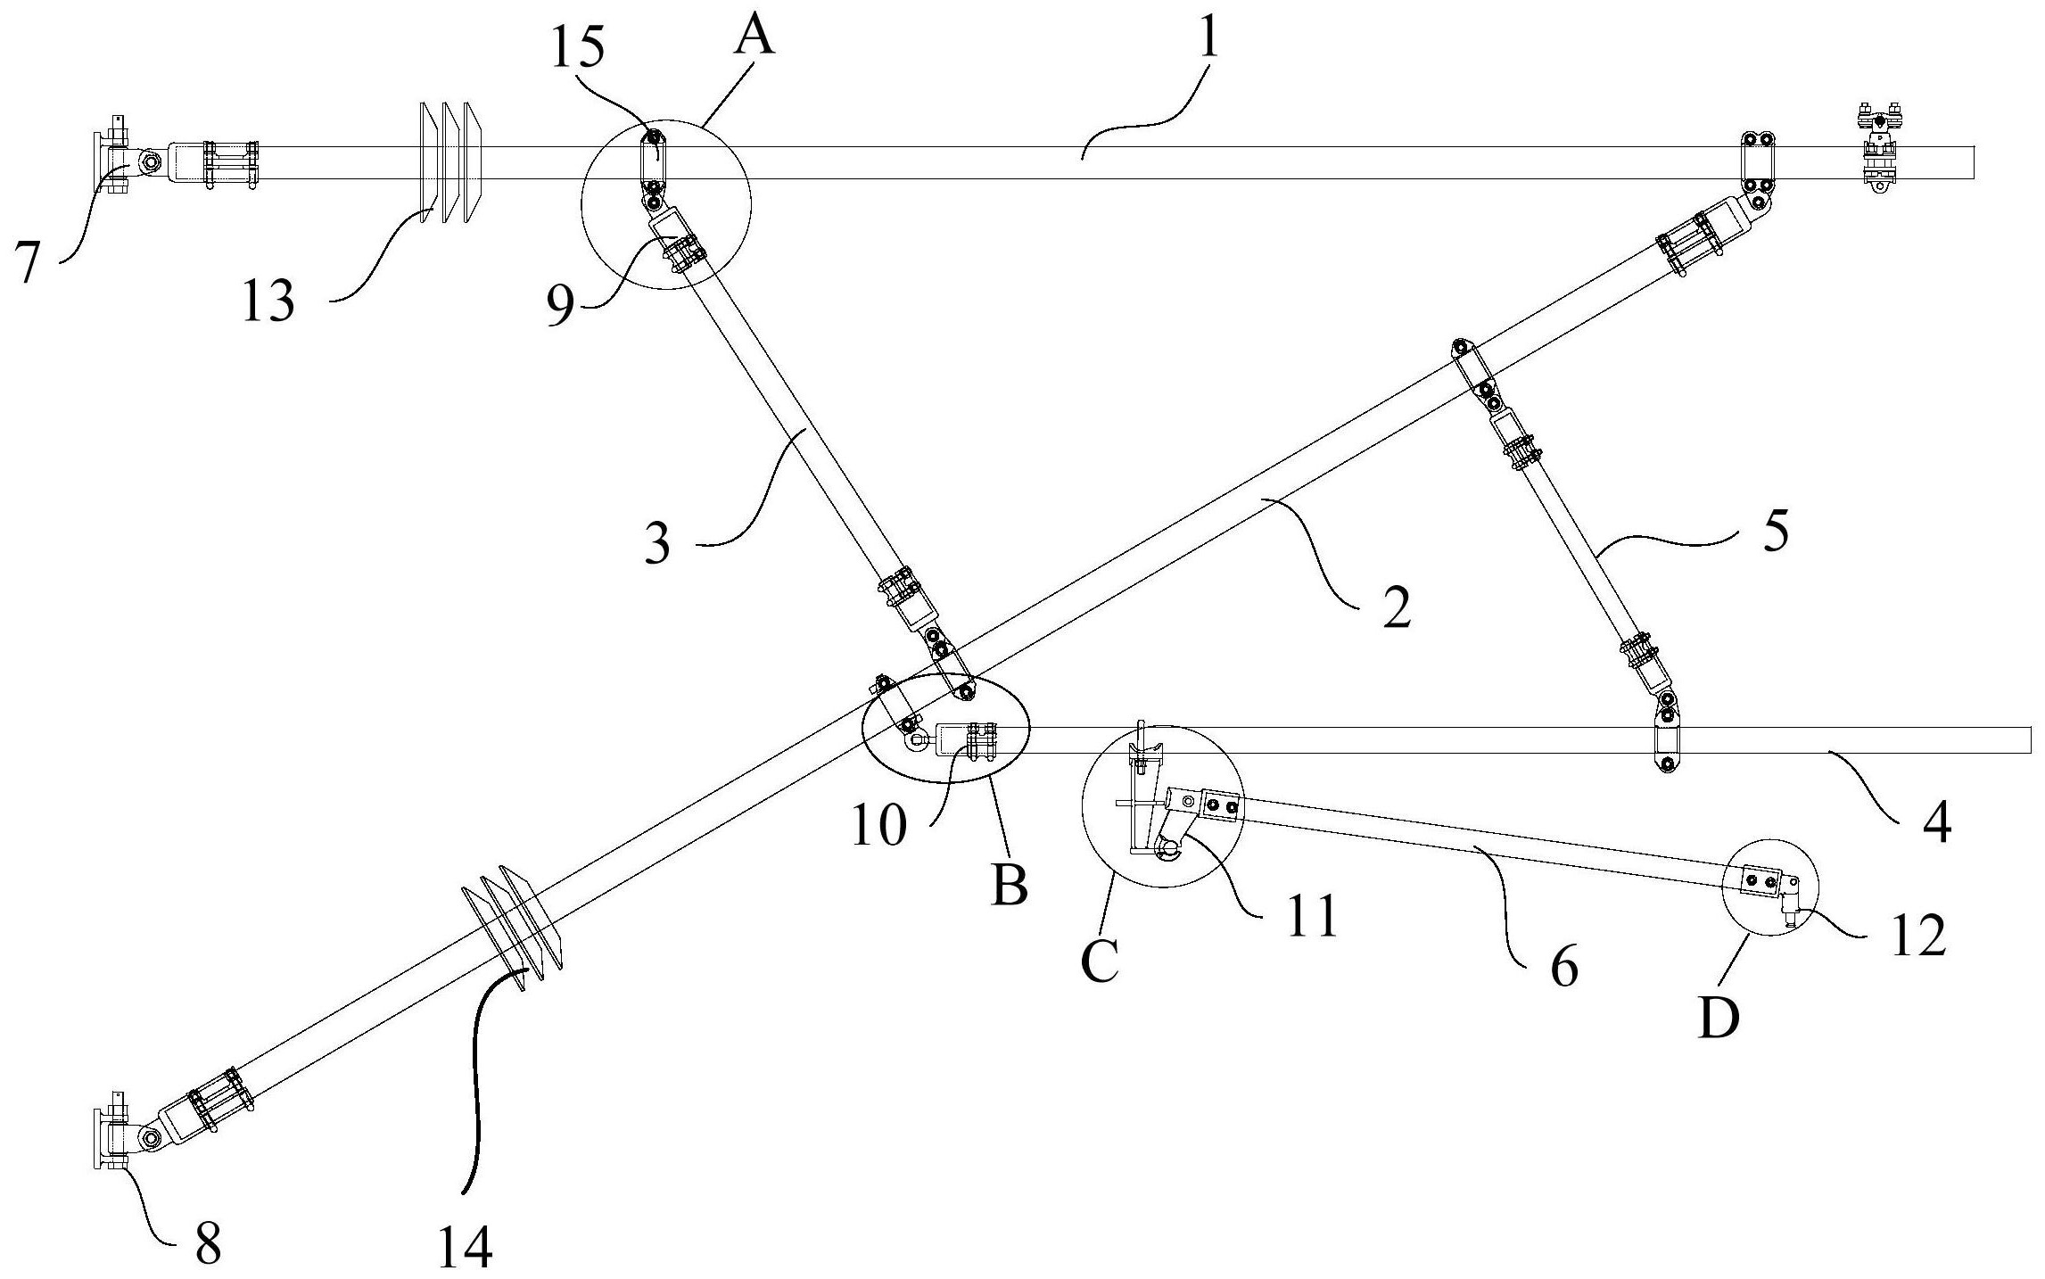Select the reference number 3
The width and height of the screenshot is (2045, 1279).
(657, 544)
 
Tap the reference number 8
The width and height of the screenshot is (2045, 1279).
(208, 1243)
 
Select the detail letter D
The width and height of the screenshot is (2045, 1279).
(1719, 1017)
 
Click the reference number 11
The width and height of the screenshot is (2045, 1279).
(1311, 916)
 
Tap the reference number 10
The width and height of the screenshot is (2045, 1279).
(879, 825)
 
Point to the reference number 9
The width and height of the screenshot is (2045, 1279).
(561, 306)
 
